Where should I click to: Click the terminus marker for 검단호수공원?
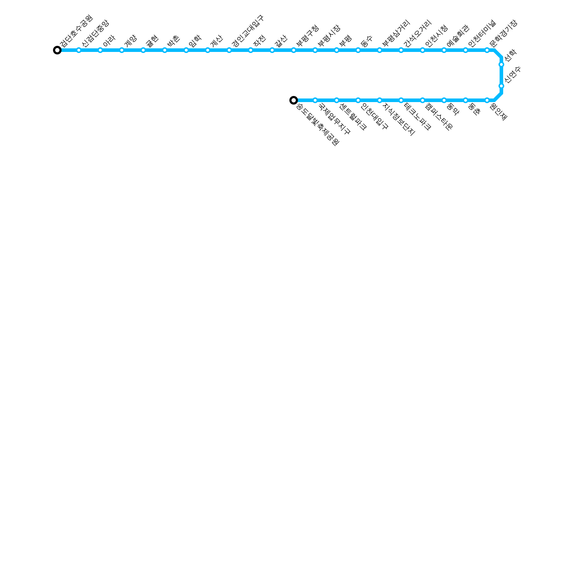pos(57,50)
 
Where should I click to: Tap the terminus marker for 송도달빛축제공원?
pos(294,100)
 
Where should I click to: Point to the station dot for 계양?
pos(122,50)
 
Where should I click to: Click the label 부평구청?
pos(307,36)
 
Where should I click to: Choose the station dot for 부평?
pos(337,50)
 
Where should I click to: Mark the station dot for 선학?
pos(501,64)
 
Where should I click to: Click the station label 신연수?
pos(512,75)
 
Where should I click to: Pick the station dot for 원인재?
pos(487,100)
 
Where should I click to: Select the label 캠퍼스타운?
pos(439,116)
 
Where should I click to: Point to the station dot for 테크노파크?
pos(401,100)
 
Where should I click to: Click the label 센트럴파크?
pos(353,116)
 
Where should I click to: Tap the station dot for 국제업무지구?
pos(315,100)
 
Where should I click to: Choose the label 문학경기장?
pos(503,34)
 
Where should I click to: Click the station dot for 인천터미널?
pos(466,50)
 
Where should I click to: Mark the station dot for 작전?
pos(251,50)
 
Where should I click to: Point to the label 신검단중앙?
pos(95,34)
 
